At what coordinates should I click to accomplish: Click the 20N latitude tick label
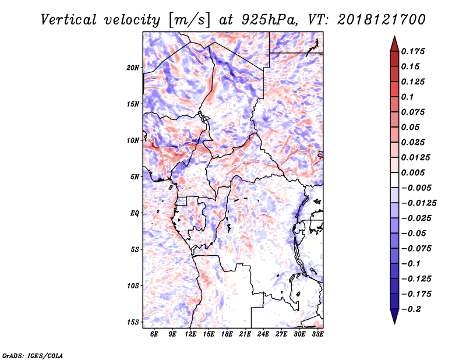click(133, 68)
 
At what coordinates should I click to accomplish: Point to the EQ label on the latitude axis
click(135, 213)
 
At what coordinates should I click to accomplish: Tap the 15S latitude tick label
click(133, 322)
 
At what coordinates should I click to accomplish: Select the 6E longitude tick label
click(154, 334)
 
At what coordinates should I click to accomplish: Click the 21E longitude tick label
click(245, 334)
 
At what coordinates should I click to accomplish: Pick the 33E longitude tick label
click(317, 334)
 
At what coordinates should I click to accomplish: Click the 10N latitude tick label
click(133, 140)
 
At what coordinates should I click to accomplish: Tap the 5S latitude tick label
click(135, 249)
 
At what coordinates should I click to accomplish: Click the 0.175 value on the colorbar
click(413, 51)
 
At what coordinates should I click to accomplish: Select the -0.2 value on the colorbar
click(411, 309)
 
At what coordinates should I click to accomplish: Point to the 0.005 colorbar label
click(413, 172)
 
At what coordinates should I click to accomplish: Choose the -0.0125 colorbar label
click(419, 203)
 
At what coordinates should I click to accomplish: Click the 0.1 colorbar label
click(407, 97)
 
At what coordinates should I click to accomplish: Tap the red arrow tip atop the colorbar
click(394, 37)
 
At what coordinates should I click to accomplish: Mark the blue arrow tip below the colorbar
click(394, 323)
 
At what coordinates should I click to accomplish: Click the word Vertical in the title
click(69, 20)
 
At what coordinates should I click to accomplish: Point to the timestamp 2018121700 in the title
click(382, 20)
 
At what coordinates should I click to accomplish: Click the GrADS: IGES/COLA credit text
click(33, 355)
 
